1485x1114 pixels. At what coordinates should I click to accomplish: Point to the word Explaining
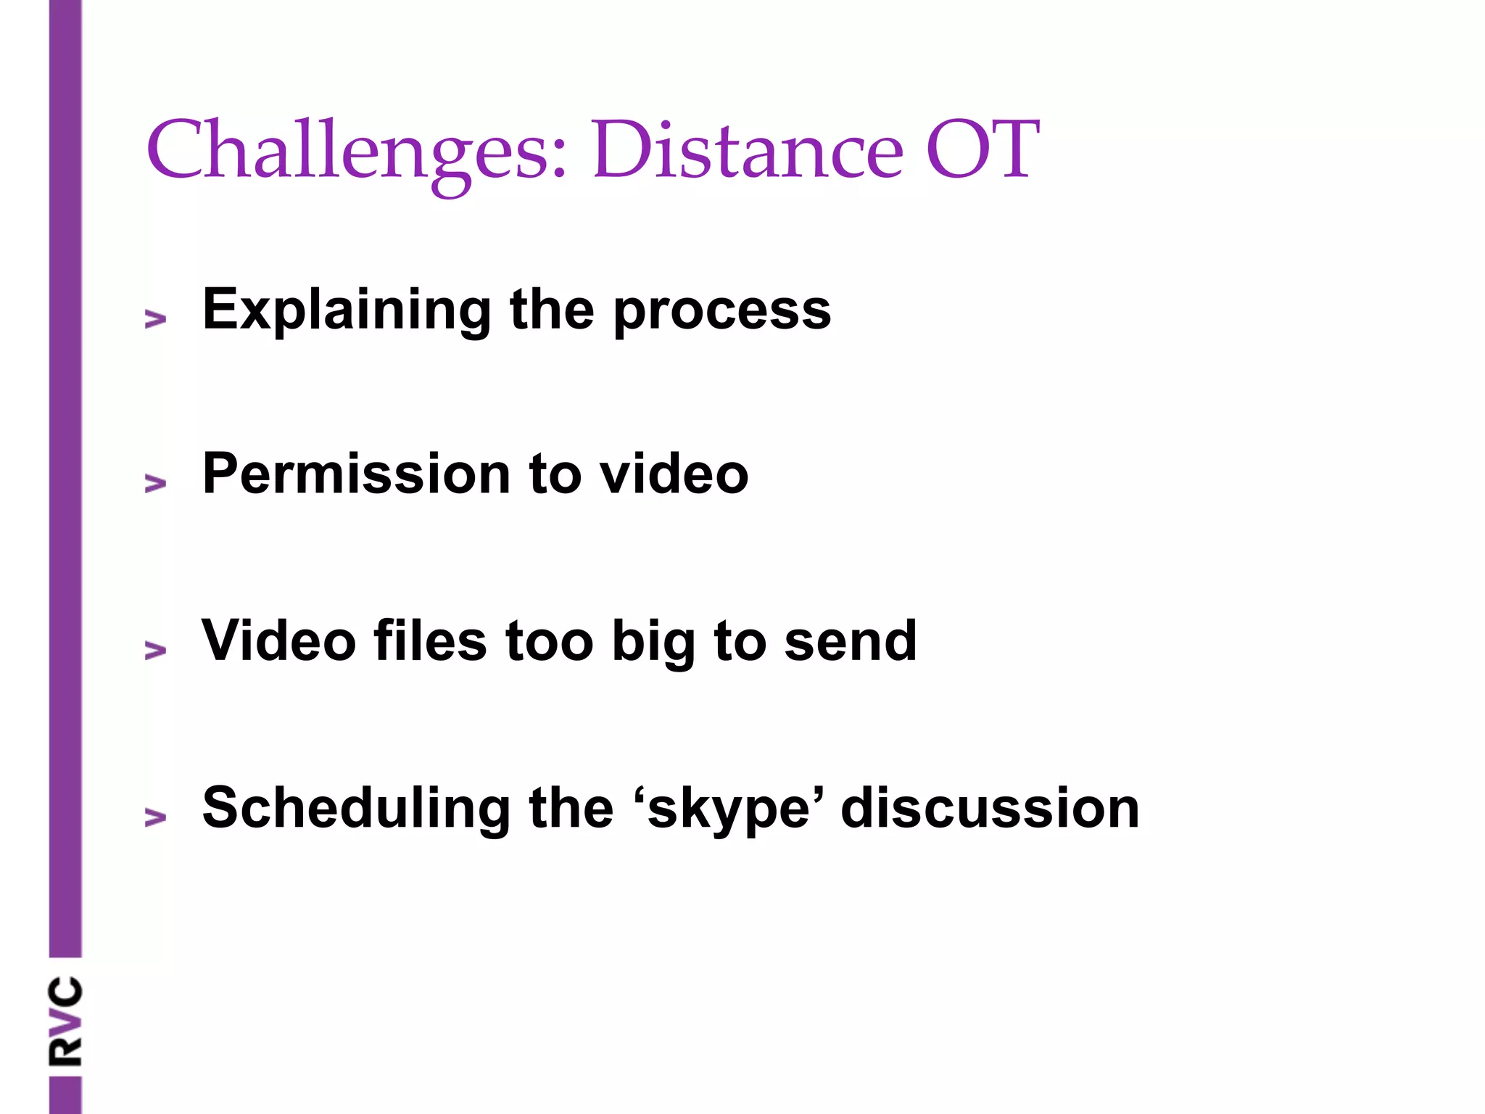pos(347,310)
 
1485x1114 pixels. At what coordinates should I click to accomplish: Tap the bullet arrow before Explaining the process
pos(155,318)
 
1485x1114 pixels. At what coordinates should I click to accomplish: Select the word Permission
pos(356,474)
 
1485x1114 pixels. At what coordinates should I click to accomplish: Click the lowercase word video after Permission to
pos(674,474)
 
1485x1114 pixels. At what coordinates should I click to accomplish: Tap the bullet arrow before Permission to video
pos(155,483)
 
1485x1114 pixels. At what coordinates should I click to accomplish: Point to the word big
pos(653,642)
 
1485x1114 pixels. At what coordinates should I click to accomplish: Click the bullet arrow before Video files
pos(155,650)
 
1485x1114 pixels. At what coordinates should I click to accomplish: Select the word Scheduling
pos(356,808)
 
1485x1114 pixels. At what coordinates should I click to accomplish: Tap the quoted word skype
pos(728,809)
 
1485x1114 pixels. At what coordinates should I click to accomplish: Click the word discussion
pos(990,808)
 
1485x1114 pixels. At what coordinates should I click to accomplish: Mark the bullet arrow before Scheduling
pos(155,817)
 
